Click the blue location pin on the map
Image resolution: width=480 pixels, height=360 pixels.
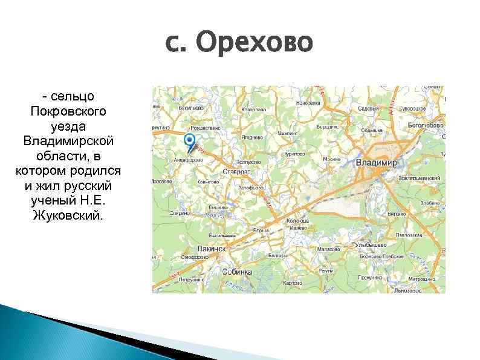pyautogui.click(x=190, y=143)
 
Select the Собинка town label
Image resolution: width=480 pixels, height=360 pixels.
pyautogui.click(x=237, y=272)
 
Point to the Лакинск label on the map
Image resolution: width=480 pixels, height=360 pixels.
pyautogui.click(x=211, y=248)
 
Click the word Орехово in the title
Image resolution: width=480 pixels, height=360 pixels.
pyautogui.click(x=255, y=43)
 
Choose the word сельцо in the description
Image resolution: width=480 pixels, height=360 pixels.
pyautogui.click(x=73, y=97)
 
